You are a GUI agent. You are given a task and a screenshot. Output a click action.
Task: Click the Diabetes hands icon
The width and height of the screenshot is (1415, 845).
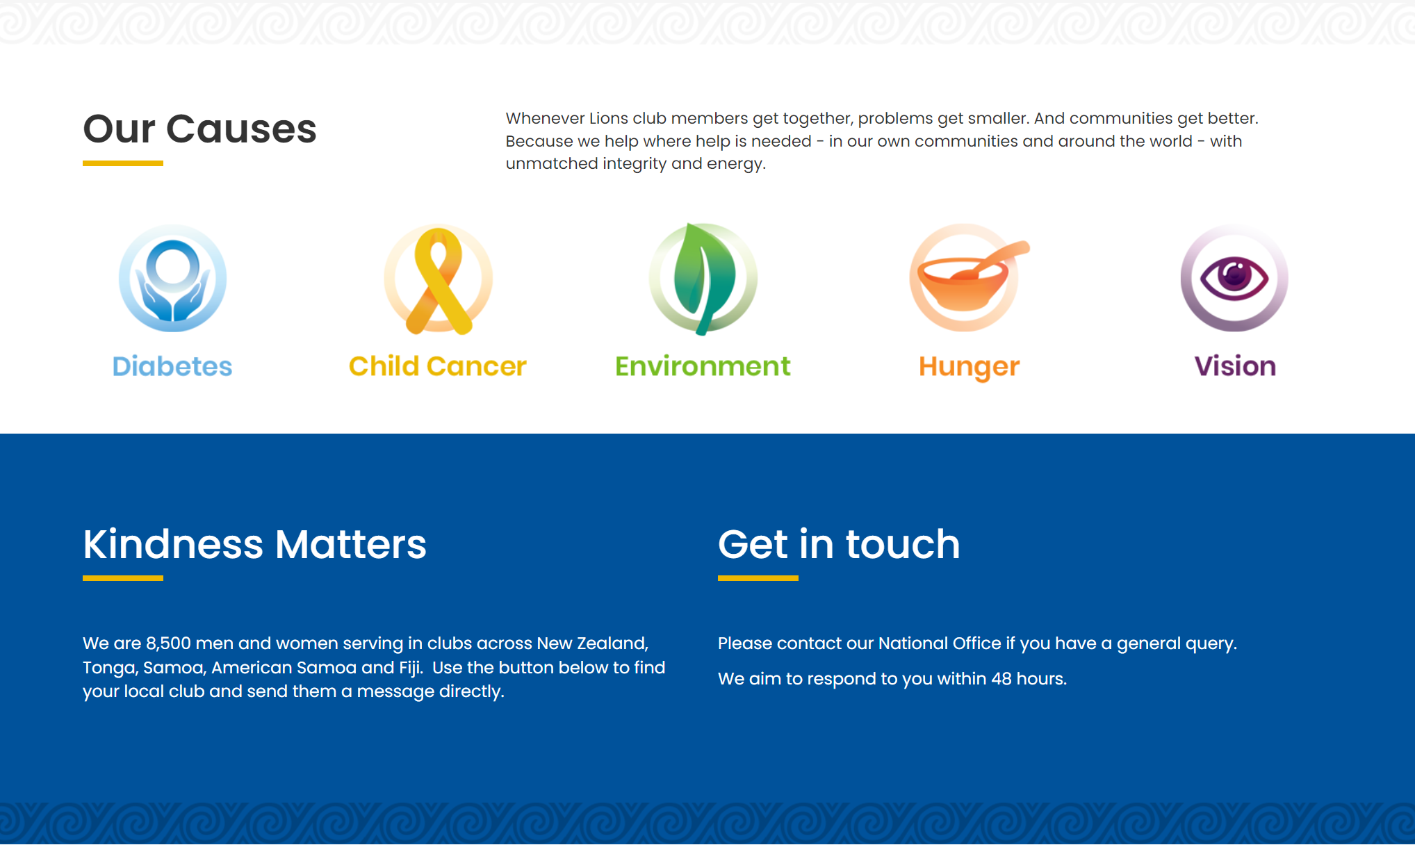[172, 278]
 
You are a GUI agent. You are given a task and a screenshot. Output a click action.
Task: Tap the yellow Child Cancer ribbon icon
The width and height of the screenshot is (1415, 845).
[439, 279]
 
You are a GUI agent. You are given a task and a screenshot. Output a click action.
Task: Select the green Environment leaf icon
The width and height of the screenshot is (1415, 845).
[703, 279]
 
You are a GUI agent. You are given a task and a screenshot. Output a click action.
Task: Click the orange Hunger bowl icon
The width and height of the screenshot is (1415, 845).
[969, 278]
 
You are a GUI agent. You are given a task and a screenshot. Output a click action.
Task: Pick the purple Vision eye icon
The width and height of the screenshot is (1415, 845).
[1234, 278]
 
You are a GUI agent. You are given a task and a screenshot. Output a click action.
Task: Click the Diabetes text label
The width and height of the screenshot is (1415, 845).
[172, 366]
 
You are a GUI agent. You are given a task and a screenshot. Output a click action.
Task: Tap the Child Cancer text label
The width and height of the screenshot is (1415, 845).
[438, 366]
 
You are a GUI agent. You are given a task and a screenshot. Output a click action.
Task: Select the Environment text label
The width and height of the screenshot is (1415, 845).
[703, 366]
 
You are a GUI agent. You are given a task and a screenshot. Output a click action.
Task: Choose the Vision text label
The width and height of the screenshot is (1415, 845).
[1235, 366]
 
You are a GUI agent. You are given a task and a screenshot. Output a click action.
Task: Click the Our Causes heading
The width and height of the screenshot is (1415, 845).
[199, 129]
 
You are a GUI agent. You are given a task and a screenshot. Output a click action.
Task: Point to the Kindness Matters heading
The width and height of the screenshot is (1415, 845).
[254, 544]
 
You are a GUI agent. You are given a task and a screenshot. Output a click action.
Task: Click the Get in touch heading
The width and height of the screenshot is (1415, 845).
[839, 544]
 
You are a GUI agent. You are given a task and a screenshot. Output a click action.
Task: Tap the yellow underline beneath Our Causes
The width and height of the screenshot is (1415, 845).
[123, 163]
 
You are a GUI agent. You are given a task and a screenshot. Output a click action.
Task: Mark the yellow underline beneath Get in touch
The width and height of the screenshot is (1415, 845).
[758, 578]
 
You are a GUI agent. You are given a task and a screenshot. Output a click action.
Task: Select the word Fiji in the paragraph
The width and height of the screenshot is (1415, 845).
[411, 668]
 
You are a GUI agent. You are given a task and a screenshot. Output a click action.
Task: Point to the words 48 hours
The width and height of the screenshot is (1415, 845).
[1029, 679]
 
